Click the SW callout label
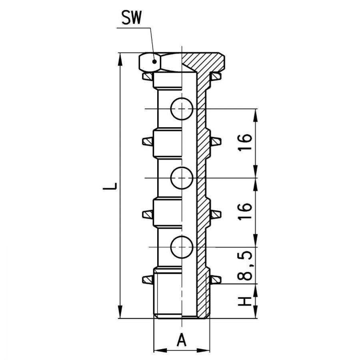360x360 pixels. click(132, 18)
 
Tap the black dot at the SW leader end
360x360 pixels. click(155, 61)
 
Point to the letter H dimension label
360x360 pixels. click(245, 301)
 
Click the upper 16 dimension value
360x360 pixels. click(245, 142)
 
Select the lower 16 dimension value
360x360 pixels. click(245, 212)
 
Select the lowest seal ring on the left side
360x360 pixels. click(147, 280)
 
